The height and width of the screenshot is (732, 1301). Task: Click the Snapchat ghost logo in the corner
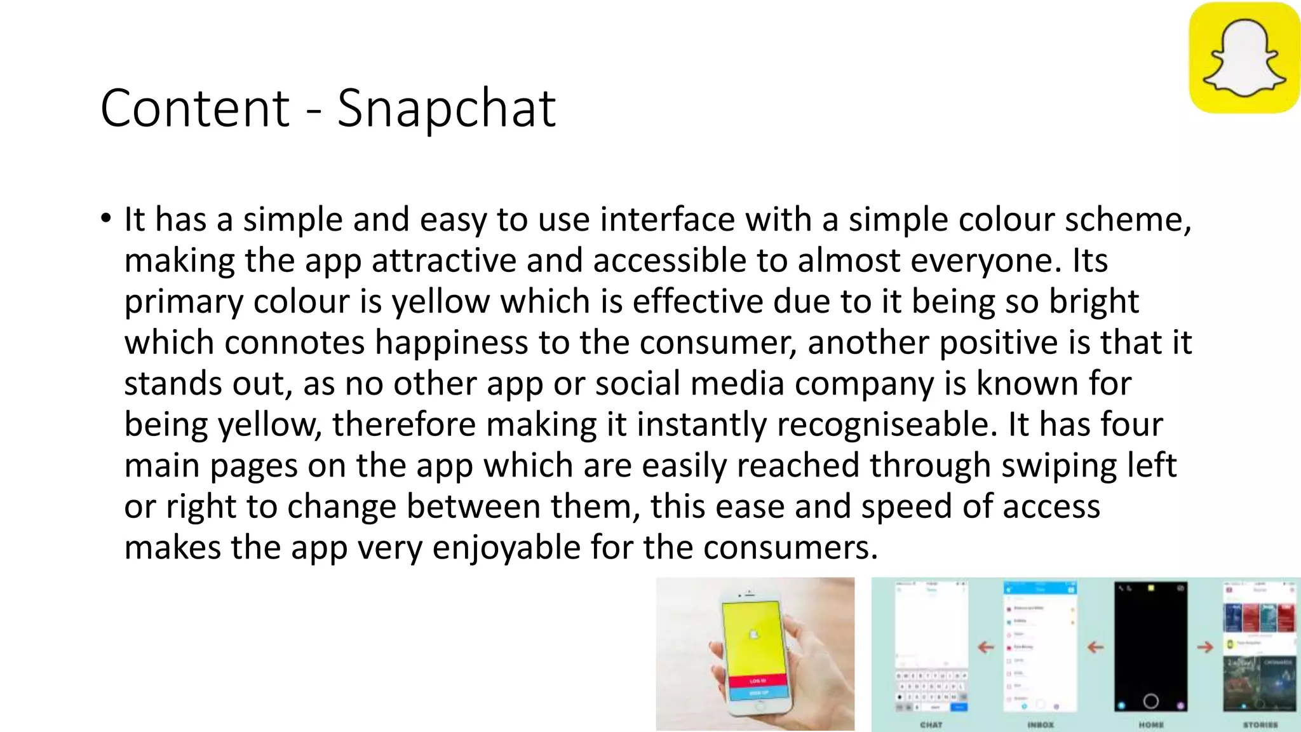(x=1244, y=58)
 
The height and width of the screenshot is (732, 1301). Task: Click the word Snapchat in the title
(x=446, y=109)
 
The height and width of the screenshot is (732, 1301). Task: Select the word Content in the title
(x=195, y=109)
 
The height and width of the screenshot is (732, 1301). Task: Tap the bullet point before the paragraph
(x=105, y=219)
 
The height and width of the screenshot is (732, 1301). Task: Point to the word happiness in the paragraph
(x=451, y=342)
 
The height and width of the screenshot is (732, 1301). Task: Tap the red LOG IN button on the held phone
(x=757, y=681)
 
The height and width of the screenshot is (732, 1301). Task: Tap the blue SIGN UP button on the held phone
(x=758, y=693)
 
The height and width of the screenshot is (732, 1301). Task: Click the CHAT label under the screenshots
(x=931, y=724)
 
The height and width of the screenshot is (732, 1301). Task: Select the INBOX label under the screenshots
(x=1040, y=724)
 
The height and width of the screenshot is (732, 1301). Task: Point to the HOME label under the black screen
(x=1150, y=724)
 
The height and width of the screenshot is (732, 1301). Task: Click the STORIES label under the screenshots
(x=1260, y=724)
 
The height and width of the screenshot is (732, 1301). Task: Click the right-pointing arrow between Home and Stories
(x=1204, y=647)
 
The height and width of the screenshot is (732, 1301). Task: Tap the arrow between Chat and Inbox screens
(x=985, y=647)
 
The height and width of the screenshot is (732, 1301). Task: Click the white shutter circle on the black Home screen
(x=1150, y=701)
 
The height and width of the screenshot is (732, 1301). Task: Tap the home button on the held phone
(x=761, y=705)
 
